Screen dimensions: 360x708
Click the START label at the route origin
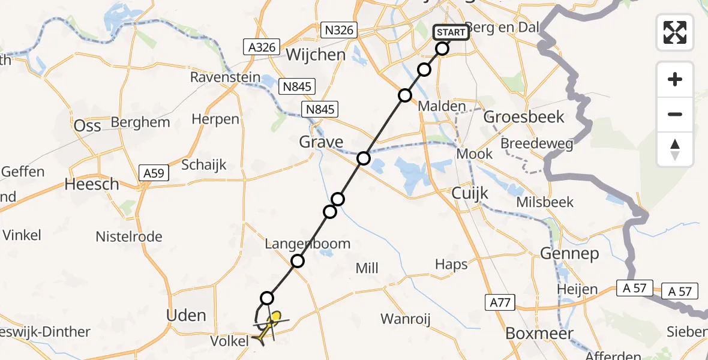[451, 32]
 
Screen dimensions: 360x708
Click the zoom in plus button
[675, 79]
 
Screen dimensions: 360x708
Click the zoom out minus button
[675, 114]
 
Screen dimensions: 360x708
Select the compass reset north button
[675, 149]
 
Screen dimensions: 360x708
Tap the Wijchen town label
[316, 55]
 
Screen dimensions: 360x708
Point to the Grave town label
[322, 142]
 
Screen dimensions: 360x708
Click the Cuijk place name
[471, 193]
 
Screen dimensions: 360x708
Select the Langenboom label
[308, 244]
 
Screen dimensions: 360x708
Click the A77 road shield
[499, 302]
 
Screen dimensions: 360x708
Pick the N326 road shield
[339, 30]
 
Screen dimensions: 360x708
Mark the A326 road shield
[261, 47]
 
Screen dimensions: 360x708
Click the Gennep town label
[569, 254]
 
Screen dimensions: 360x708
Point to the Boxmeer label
[539, 333]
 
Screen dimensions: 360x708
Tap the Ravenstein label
[225, 77]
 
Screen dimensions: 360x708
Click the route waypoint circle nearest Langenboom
[298, 261]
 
